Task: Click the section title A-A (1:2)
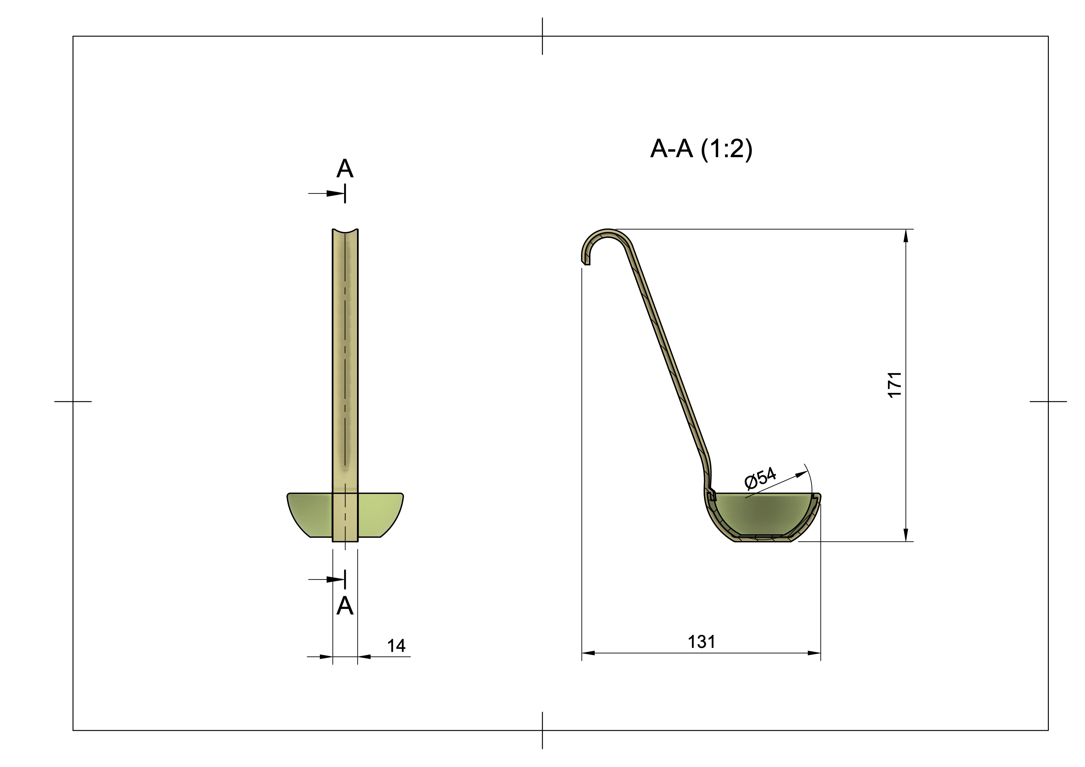pyautogui.click(x=701, y=149)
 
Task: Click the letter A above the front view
pyautogui.click(x=345, y=169)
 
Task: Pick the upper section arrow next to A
pyautogui.click(x=336, y=193)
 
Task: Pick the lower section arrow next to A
pyautogui.click(x=336, y=580)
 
